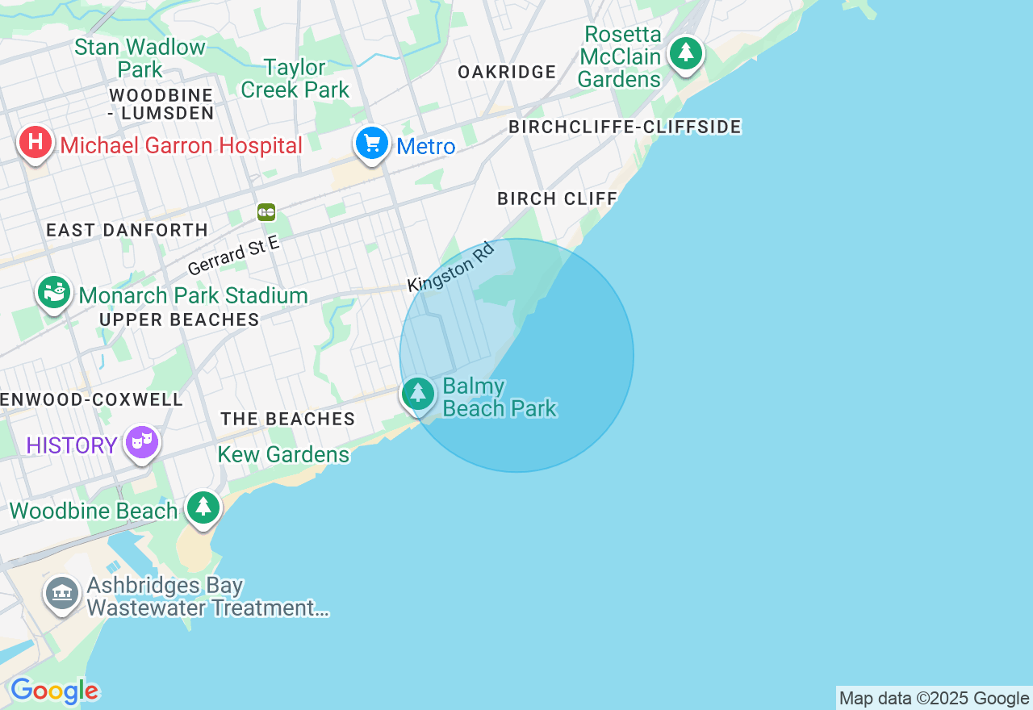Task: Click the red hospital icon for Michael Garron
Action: [x=36, y=143]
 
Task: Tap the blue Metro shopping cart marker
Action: [x=372, y=144]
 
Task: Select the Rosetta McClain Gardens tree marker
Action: [x=686, y=53]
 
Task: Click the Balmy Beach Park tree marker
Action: [x=418, y=394]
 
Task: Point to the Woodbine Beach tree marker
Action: [x=203, y=507]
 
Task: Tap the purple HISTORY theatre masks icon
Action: [x=142, y=442]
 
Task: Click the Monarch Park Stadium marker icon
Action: [x=55, y=292]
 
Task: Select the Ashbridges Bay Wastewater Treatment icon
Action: [x=62, y=594]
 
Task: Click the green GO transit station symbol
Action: [x=266, y=212]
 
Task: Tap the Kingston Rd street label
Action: [x=450, y=267]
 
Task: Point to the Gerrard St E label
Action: [x=233, y=256]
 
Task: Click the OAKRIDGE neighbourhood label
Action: [x=507, y=73]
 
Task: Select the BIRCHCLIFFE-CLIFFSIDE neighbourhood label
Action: [x=625, y=127]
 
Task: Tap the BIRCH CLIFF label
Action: [x=558, y=198]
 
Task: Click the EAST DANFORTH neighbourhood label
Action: [x=128, y=230]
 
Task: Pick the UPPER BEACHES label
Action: [x=179, y=320]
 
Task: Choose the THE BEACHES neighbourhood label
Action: [x=288, y=419]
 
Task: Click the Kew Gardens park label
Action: [x=283, y=455]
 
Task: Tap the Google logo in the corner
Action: [x=54, y=691]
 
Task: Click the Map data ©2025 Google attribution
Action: [x=934, y=698]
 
